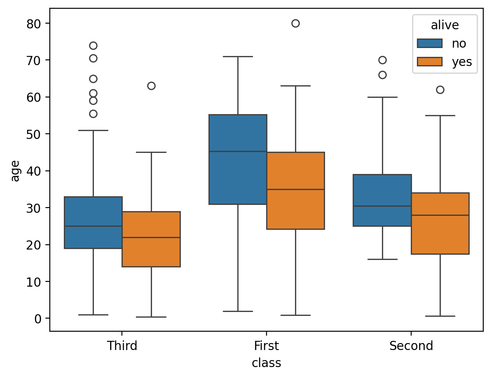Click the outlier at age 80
295,23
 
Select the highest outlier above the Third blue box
93,45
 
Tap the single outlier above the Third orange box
151,86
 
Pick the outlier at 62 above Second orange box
440,90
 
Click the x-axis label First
266,346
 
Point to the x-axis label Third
122,346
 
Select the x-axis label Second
411,346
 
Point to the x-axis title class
266,363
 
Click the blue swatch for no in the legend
430,43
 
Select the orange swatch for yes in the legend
430,62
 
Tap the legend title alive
444,25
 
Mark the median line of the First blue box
238,151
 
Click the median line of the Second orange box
440,215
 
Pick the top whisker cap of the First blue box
238,56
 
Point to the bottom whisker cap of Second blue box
382,259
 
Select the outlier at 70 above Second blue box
382,60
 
